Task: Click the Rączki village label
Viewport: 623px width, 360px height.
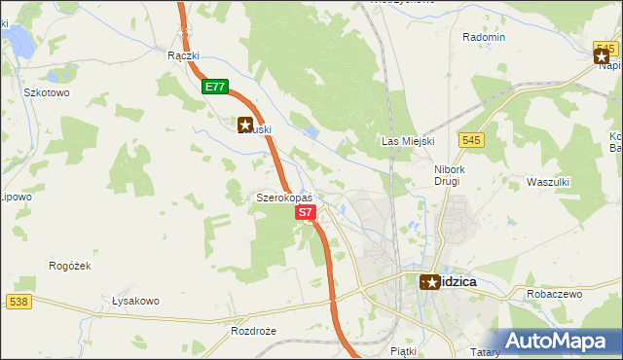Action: (183, 55)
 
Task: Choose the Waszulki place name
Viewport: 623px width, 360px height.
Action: (547, 182)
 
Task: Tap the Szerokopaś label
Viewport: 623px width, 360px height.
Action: (283, 197)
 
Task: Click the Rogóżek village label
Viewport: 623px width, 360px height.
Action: (69, 265)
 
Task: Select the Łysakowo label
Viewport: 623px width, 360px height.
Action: (135, 301)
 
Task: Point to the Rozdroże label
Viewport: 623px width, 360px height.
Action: (254, 330)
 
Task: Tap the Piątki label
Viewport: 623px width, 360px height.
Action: (402, 349)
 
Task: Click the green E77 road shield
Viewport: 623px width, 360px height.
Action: (216, 87)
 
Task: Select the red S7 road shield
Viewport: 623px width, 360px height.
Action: (305, 211)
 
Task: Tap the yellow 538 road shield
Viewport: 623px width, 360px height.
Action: (18, 303)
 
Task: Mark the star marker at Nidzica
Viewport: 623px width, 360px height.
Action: (430, 281)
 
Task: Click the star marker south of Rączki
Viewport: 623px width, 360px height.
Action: (244, 124)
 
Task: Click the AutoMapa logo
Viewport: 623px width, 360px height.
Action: (558, 341)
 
